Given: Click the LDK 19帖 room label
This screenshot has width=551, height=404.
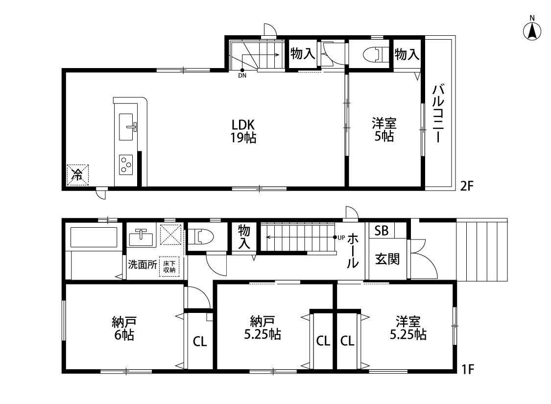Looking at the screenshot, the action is coord(243,131).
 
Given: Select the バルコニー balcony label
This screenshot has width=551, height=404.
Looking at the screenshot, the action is coord(438,114).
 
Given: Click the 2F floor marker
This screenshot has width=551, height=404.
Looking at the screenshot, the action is coord(467,186).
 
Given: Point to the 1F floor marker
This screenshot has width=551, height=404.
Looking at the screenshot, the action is coord(467,369).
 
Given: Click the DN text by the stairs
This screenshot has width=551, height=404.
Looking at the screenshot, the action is coord(242,75).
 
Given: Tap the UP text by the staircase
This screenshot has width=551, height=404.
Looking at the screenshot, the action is coord(341,238).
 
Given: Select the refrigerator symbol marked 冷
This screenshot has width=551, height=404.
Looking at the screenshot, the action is coord(78,175).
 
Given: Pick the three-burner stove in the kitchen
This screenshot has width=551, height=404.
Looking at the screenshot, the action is coord(126,165).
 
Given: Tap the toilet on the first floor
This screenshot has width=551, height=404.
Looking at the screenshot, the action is coord(201,236).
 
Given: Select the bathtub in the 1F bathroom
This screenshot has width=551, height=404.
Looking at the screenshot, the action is coord(94,237).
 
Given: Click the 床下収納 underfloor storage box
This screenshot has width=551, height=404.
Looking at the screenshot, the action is coord(169,266).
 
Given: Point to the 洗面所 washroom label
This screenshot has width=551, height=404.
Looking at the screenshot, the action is coord(143,264).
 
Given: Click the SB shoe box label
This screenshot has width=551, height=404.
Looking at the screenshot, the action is coord(381,231).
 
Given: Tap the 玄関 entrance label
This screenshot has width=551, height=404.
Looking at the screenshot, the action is coord(387,259).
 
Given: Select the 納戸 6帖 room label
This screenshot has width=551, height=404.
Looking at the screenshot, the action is coord(124,328).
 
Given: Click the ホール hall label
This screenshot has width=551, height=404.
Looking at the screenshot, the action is coord(353,251).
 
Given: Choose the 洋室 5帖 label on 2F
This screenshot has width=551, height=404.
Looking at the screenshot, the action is coord(384,129).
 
